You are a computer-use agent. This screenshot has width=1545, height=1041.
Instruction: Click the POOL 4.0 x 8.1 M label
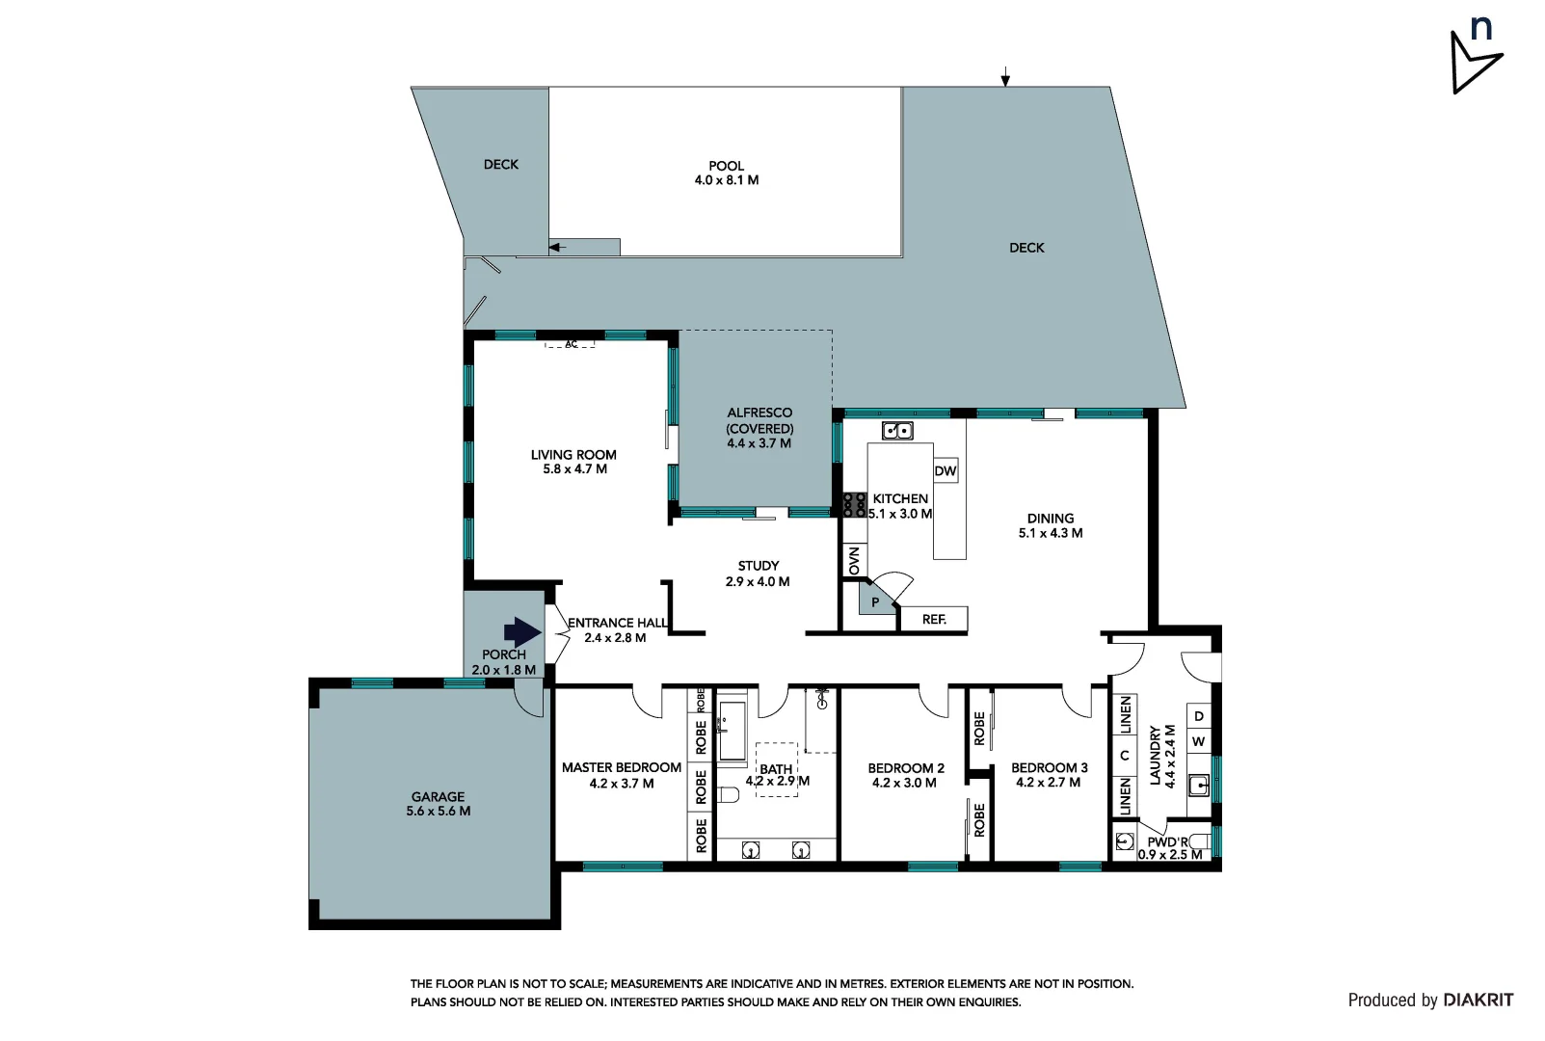726,173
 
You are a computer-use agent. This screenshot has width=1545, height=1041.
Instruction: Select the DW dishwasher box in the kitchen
946,470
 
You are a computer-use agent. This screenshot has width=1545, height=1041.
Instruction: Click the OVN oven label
854,561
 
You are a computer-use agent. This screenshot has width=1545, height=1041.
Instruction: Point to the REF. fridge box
933,619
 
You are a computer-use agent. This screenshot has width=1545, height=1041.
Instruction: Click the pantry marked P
875,602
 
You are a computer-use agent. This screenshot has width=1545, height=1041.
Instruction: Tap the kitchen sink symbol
897,431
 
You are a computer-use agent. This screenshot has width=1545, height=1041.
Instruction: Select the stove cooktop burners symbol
854,505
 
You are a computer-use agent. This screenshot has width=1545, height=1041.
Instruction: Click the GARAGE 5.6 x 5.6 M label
438,804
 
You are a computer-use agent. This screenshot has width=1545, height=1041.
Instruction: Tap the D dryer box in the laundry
1198,716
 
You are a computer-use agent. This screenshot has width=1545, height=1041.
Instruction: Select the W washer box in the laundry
1198,741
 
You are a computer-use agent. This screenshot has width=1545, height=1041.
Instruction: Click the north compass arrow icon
1475,60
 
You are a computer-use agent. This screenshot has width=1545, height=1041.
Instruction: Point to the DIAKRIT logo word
1478,1001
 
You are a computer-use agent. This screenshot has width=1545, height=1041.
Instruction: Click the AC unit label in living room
571,344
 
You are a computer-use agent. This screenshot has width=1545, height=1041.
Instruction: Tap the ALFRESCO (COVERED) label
759,427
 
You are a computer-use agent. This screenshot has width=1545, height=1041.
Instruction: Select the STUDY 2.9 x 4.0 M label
758,574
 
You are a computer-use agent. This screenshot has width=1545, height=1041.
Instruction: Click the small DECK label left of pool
500,165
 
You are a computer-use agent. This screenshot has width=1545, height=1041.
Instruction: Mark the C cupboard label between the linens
1125,756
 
